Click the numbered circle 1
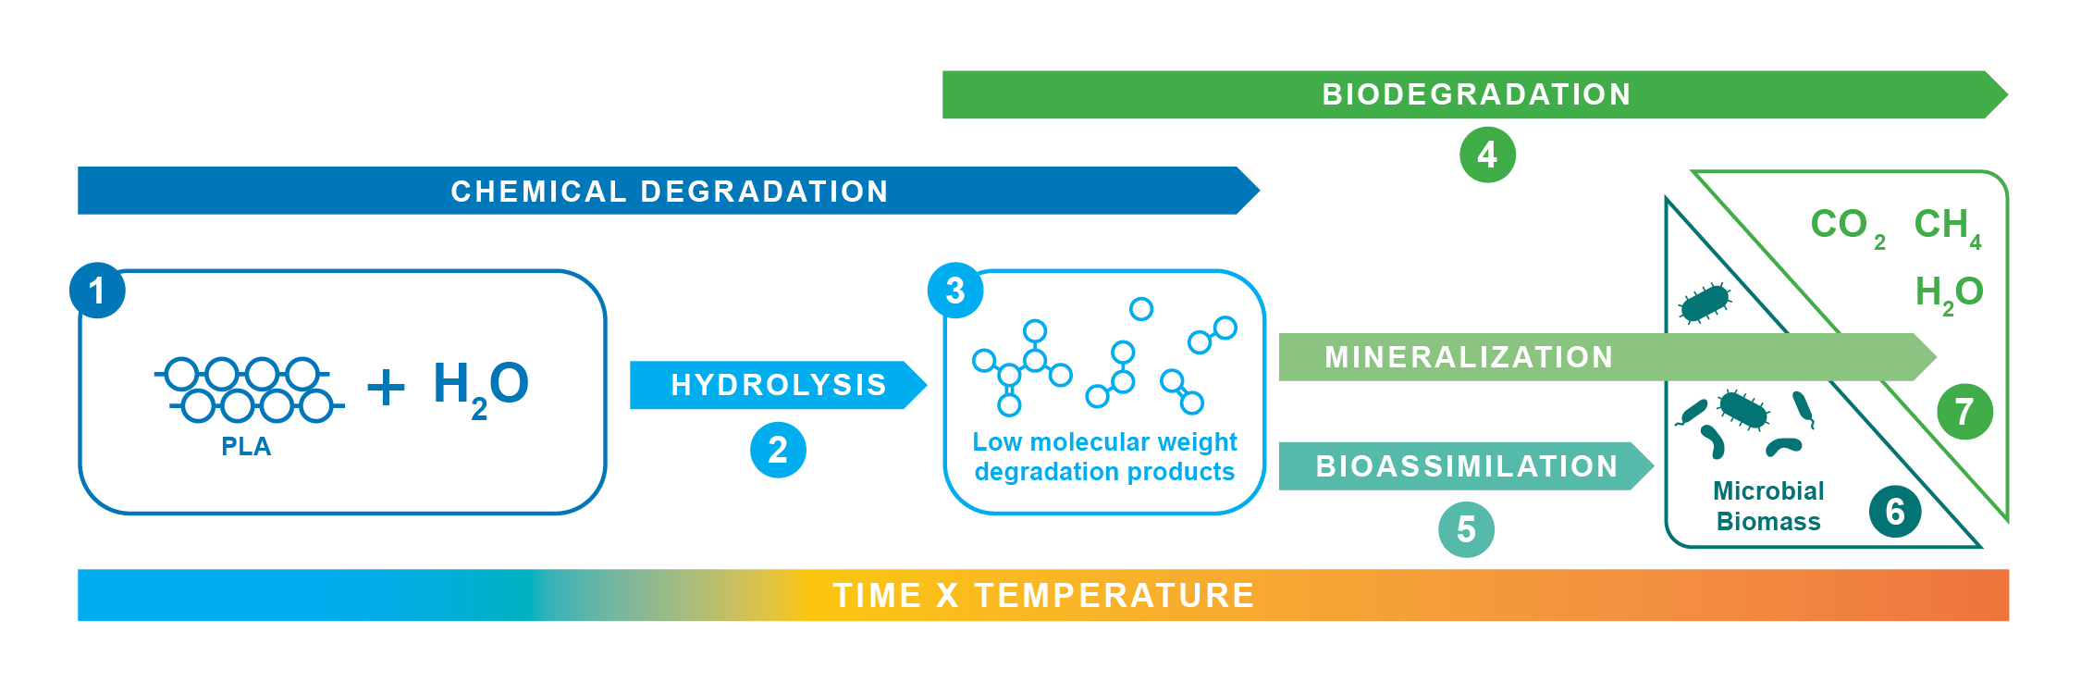97,291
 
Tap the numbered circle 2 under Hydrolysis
778,451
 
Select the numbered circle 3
955,291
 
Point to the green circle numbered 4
1487,155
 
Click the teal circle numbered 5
1466,529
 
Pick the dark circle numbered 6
1895,511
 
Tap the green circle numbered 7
1964,411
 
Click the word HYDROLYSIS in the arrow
779,385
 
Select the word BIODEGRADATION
1476,94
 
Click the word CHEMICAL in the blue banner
538,192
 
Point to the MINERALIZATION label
1469,357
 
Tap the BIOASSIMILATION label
1467,466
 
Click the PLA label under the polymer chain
246,447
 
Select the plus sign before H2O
386,387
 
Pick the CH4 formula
1948,228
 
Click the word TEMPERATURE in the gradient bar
1114,595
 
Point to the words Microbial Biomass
1768,506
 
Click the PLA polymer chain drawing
250,390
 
